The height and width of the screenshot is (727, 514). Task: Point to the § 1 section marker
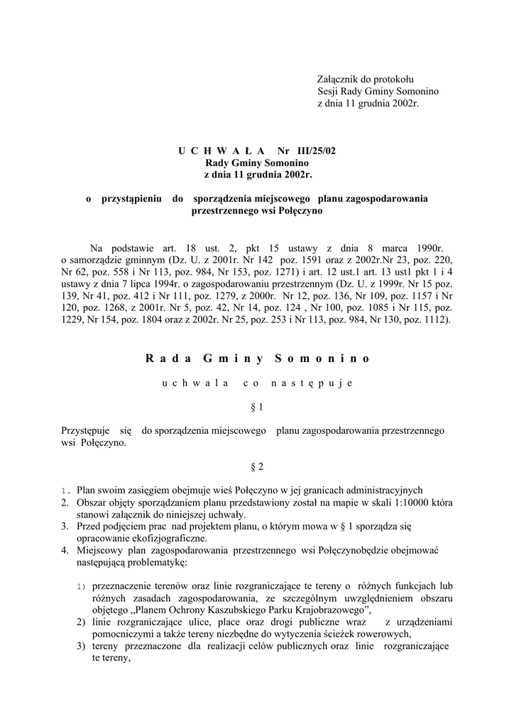click(257, 408)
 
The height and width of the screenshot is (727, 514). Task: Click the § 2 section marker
click(257, 466)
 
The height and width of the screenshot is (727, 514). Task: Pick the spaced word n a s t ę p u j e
click(317, 383)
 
